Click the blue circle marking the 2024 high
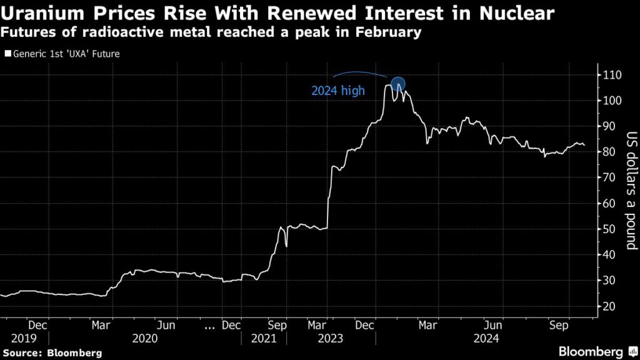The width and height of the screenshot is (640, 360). tap(398, 84)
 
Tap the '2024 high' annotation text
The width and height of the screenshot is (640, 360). tap(338, 91)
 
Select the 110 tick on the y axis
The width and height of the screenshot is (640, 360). tap(611, 75)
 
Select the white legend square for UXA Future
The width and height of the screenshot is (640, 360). tap(7, 54)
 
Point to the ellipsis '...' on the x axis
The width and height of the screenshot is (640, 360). tap(211, 325)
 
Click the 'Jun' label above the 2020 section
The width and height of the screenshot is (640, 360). tap(166, 325)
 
